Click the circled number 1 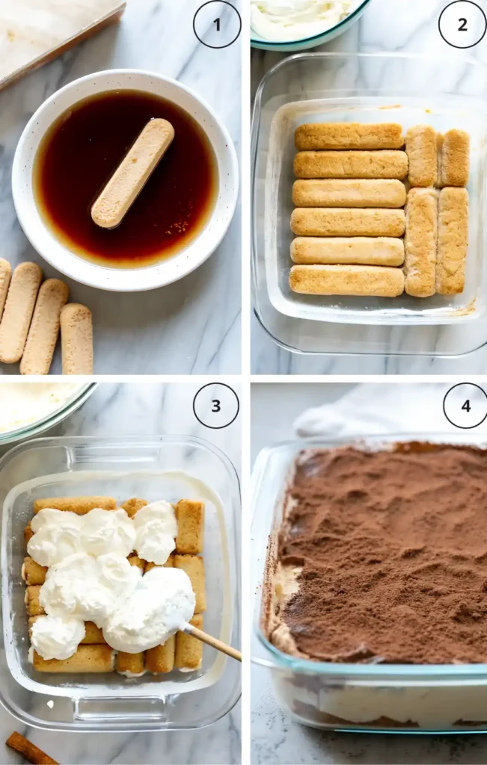pos(217,25)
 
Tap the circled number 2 pos(462,25)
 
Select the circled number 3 pos(216,406)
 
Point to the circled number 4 pos(465,406)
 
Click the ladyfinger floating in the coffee pos(132,173)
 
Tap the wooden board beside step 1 pos(52,34)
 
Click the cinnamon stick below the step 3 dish pos(30,749)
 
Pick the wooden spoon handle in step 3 pos(212,643)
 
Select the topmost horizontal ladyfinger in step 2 pos(349,137)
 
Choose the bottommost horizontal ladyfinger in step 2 pos(346,281)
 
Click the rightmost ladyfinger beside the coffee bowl pos(77,338)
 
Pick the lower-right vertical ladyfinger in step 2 pos(452,241)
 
